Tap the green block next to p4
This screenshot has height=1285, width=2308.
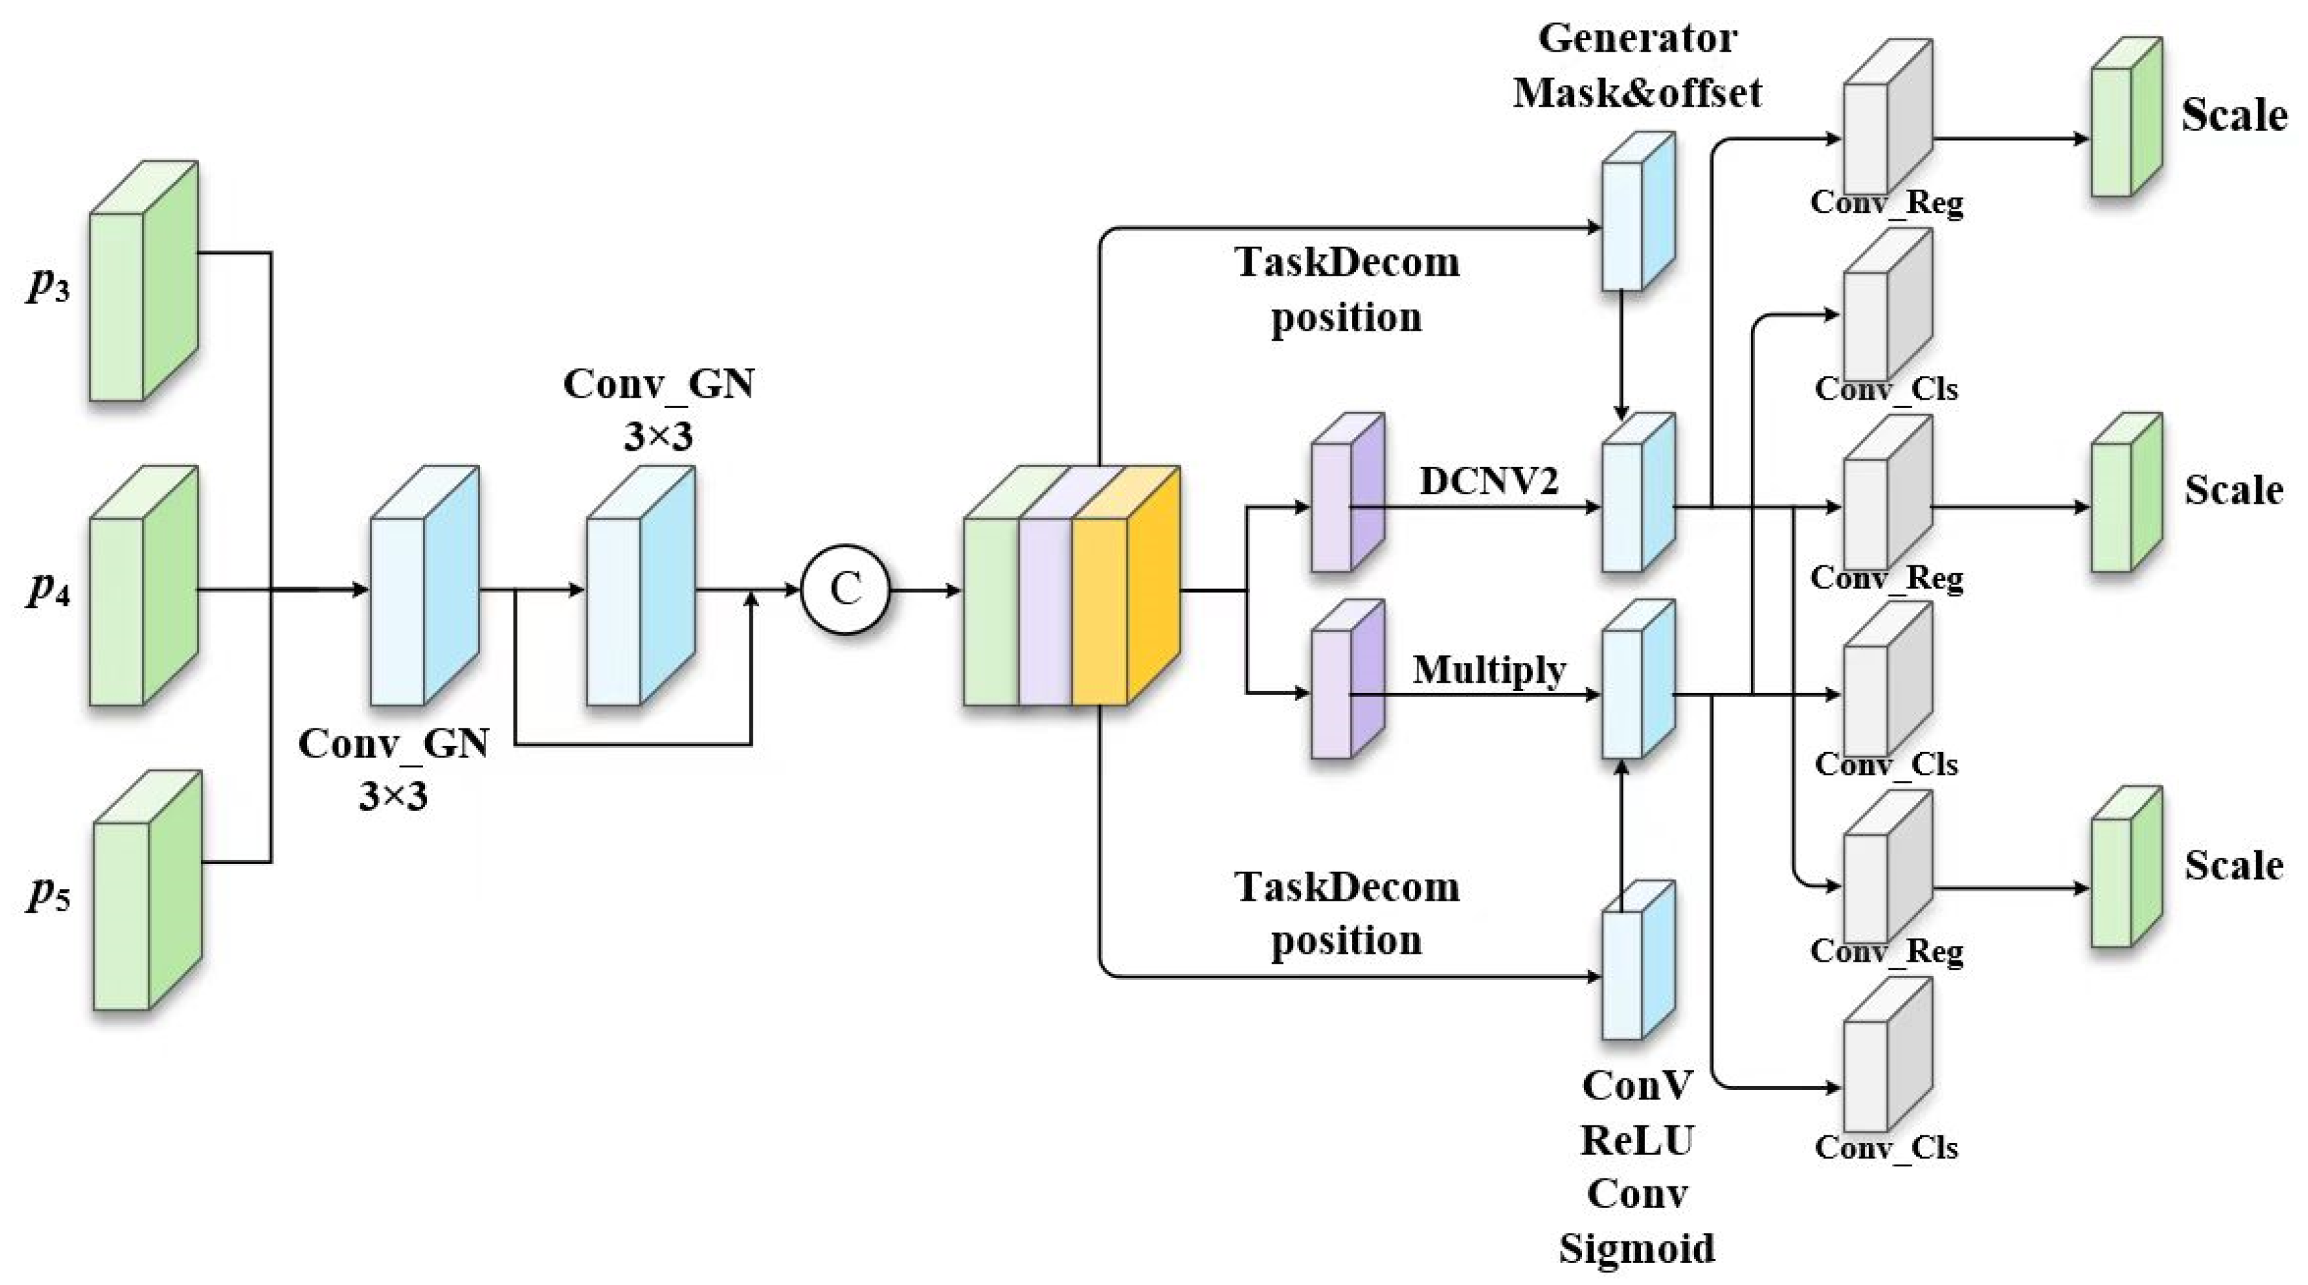(143, 585)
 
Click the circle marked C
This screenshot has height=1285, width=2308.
(845, 590)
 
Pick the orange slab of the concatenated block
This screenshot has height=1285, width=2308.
(1126, 585)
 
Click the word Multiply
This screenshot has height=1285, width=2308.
(1489, 670)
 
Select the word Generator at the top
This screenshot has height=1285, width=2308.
(1637, 38)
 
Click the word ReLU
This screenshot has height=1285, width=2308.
(1637, 1141)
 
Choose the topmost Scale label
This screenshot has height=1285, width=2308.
(2234, 115)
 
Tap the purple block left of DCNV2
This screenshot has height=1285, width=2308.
(1347, 492)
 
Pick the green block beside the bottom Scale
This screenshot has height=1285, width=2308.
(2127, 867)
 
